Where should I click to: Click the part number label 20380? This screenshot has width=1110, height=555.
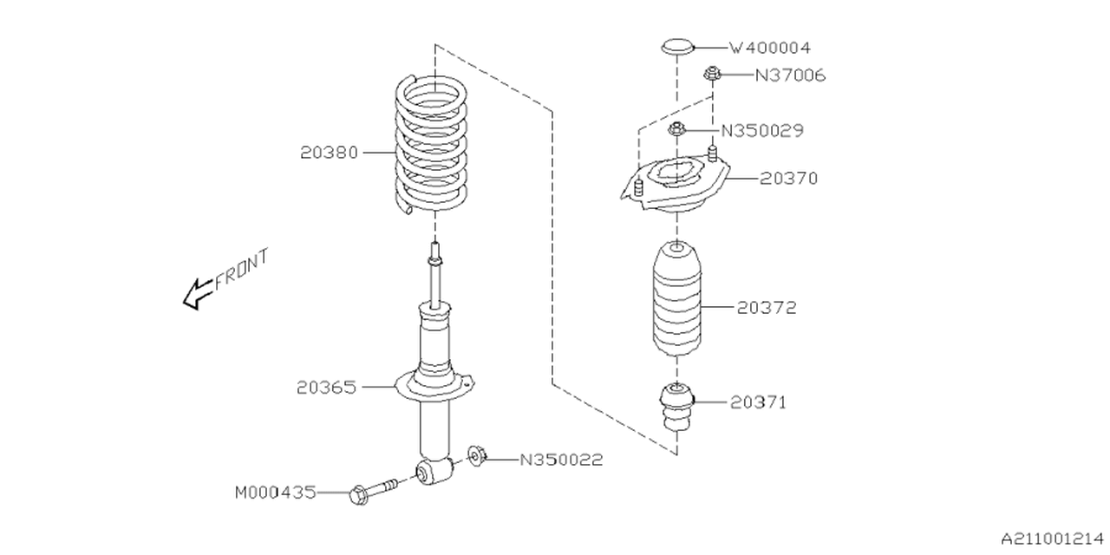(330, 152)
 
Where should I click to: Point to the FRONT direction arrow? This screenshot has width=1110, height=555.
(197, 294)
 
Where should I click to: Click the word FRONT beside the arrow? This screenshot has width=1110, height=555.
(242, 269)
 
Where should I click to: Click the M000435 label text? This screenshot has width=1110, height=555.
(276, 493)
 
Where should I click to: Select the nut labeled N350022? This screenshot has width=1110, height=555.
(476, 456)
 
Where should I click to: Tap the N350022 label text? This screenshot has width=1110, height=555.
(561, 459)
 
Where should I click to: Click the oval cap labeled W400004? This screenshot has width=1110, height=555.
(677, 47)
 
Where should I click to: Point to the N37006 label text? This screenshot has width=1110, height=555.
(789, 75)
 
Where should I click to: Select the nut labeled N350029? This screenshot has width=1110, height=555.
(678, 130)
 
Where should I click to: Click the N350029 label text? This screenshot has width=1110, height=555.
(762, 131)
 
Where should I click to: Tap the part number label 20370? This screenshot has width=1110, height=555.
(788, 178)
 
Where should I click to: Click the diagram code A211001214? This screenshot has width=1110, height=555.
(1049, 538)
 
